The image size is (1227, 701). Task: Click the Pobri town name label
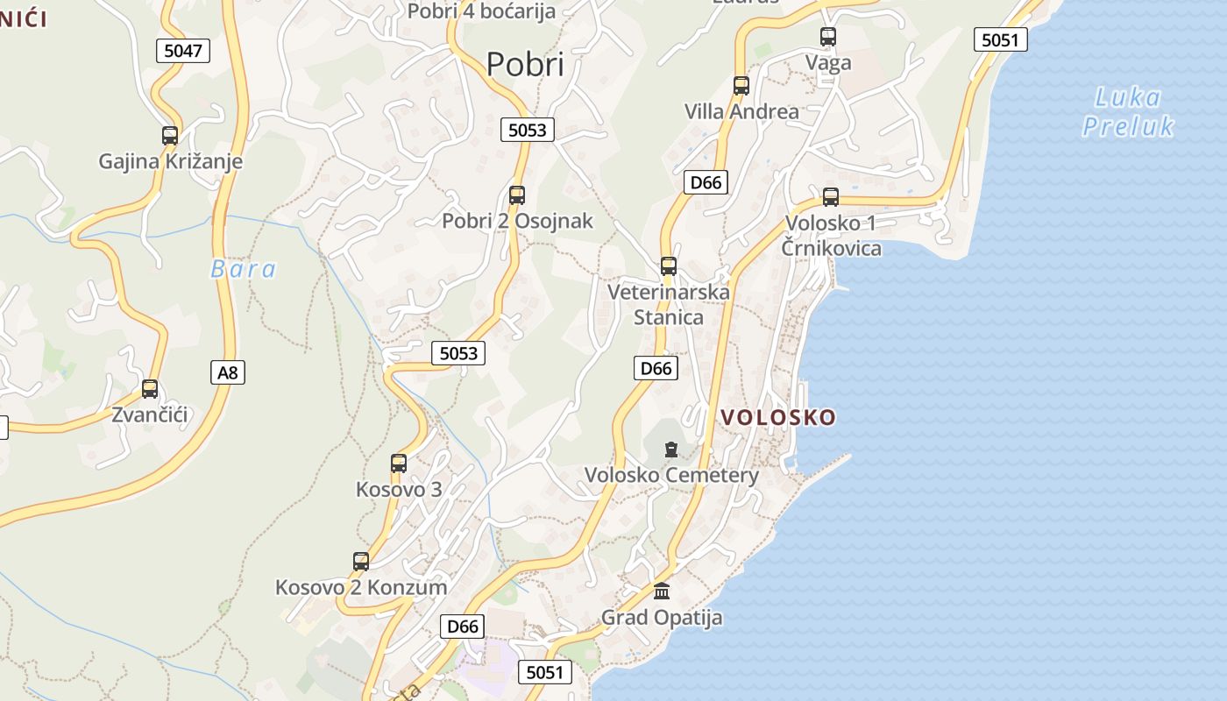pos(525,64)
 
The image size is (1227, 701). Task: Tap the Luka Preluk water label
pos(1128,112)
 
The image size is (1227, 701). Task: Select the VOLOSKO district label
pos(778,417)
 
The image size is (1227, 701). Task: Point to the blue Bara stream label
pos(243,269)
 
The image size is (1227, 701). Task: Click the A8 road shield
pos(227,372)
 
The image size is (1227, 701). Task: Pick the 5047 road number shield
pos(183,50)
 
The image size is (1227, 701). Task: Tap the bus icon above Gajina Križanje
pos(170,136)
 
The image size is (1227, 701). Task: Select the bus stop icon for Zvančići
pos(150,389)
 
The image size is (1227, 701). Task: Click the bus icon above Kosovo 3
pos(399,464)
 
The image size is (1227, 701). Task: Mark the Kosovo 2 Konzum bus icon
pos(361,562)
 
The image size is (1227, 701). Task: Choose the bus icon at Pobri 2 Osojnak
pos(517,195)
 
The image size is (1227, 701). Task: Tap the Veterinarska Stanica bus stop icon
pos(669,266)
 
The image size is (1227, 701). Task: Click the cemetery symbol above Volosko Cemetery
pos(671,450)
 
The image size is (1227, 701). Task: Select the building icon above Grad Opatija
pos(662,591)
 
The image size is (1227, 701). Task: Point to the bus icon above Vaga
pos(828,37)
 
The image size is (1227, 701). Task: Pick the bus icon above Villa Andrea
pos(741,86)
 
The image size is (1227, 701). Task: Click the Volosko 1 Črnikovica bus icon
pos(831,197)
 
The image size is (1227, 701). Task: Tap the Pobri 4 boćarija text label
pos(482,11)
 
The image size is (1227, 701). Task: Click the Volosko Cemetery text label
pos(671,475)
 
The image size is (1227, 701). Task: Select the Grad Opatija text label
pos(662,617)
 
